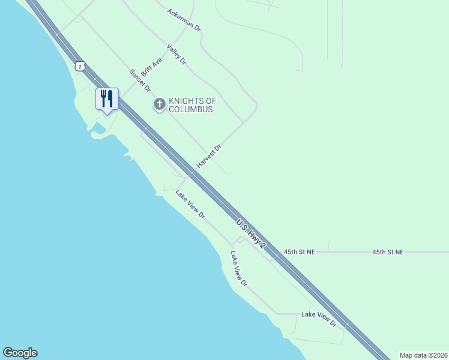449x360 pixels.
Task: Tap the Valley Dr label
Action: tap(177, 54)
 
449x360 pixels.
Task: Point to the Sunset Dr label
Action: tap(140, 80)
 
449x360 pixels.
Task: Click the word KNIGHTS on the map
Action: tap(192, 101)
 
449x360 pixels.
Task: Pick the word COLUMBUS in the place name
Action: tap(191, 110)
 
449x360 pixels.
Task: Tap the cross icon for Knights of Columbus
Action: tap(160, 105)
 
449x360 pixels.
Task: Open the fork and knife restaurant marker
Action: tap(107, 98)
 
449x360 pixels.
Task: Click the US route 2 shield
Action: tap(80, 65)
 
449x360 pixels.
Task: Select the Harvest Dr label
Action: tap(209, 156)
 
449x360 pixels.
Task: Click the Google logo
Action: tap(20, 353)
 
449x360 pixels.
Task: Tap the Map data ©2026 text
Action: tap(423, 355)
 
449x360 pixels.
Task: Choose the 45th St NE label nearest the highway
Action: tap(300, 253)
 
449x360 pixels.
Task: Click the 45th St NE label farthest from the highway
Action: tap(388, 253)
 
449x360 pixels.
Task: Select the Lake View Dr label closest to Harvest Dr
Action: tap(190, 204)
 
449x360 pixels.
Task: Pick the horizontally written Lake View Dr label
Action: tap(319, 314)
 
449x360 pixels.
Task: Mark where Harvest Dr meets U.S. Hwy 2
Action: tap(191, 173)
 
